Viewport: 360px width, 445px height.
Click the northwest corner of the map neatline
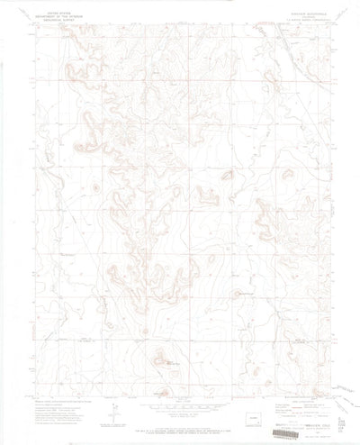point(30,24)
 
